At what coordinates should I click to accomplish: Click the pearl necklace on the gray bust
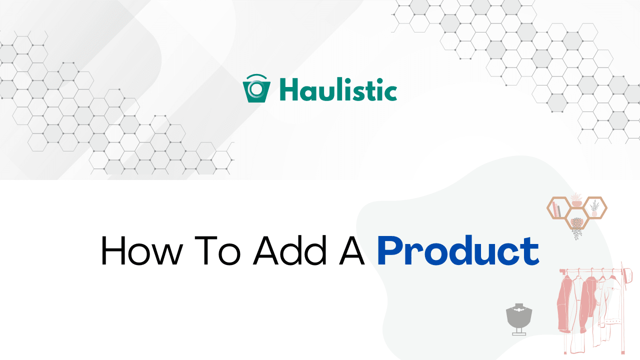pyautogui.click(x=519, y=310)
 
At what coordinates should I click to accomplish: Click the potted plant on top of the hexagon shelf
pyautogui.click(x=576, y=199)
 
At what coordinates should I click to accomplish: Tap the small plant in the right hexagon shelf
pyautogui.click(x=594, y=208)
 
